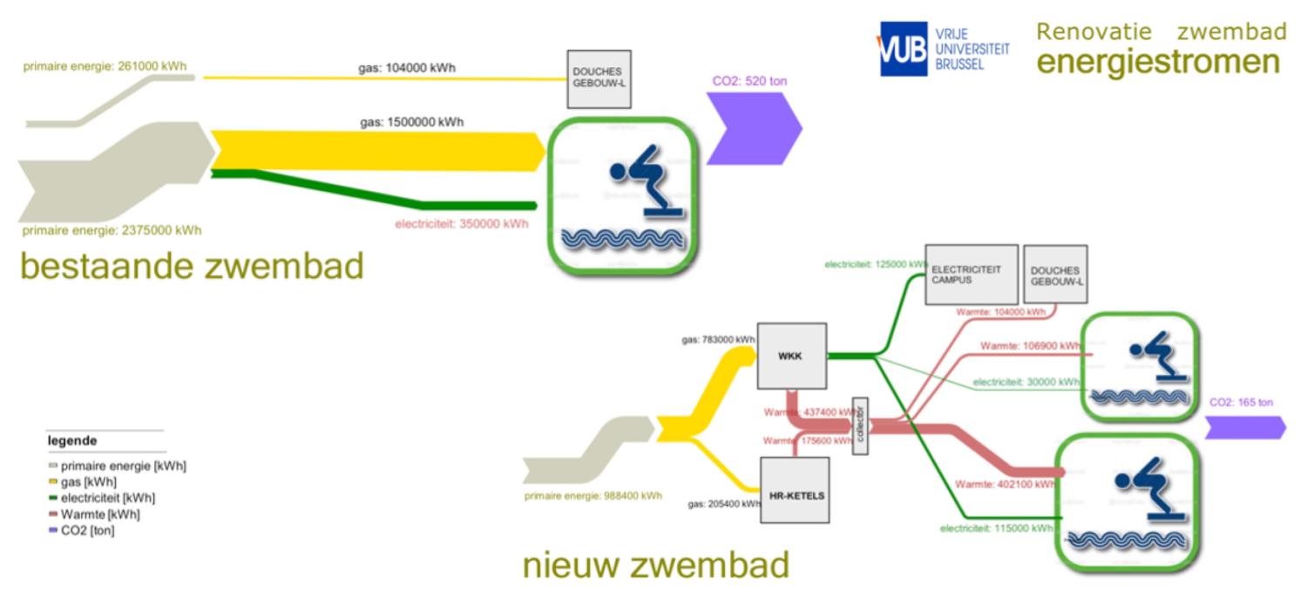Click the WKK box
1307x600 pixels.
point(791,356)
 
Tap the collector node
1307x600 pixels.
point(861,426)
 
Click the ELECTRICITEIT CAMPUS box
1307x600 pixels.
point(971,274)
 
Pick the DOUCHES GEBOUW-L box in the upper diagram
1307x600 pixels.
point(599,78)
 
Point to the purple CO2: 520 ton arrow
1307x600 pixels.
point(753,127)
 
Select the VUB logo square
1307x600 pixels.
point(903,50)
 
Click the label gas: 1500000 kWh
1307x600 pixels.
point(411,122)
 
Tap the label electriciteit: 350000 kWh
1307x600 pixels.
point(461,223)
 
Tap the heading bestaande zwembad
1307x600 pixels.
point(191,266)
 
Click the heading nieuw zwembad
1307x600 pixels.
point(655,565)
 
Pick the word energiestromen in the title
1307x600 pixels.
point(1158,62)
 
